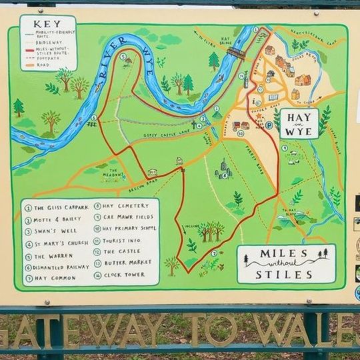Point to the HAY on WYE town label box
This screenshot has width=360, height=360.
tap(298, 123)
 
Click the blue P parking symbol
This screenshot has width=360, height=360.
tap(269, 124)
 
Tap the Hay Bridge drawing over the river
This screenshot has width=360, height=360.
tap(235, 52)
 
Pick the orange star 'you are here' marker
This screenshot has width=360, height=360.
tap(259, 115)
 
